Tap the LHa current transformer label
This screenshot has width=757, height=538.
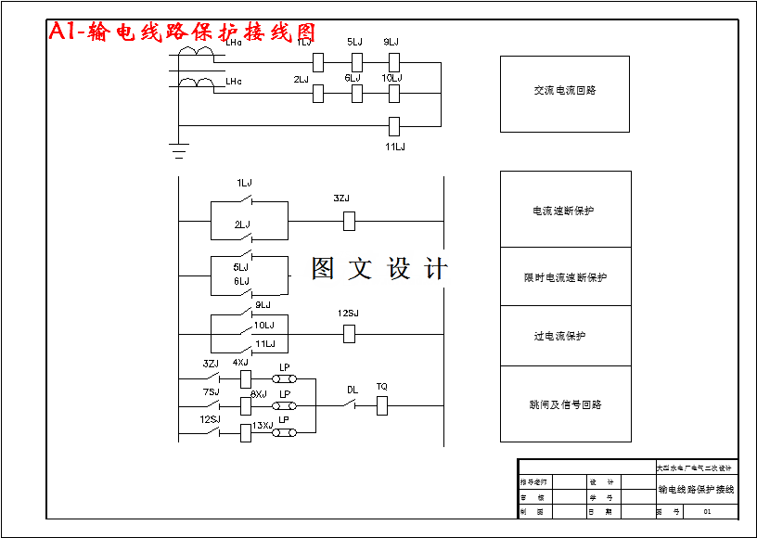click(x=234, y=42)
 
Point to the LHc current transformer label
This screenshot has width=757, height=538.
click(x=234, y=82)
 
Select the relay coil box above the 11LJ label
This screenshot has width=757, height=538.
click(x=393, y=125)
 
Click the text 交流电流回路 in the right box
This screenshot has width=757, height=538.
click(x=565, y=91)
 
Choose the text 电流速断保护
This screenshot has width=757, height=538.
click(x=563, y=211)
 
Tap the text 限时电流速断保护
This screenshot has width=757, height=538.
click(x=565, y=277)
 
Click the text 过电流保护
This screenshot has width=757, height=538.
click(x=559, y=336)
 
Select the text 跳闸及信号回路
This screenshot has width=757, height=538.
click(x=565, y=404)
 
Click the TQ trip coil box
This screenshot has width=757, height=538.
click(x=382, y=404)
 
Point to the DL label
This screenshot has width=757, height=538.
click(x=353, y=390)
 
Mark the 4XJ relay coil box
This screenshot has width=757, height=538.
click(x=246, y=378)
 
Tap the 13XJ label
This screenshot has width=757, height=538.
click(x=263, y=425)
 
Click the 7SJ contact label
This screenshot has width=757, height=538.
click(x=212, y=392)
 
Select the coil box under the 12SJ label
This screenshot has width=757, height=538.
click(x=350, y=334)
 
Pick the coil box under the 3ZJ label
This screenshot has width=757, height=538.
click(x=350, y=221)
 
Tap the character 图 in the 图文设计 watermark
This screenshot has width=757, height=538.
click(x=323, y=269)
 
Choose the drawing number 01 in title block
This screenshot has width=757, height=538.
click(x=708, y=511)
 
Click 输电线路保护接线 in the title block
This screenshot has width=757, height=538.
click(x=696, y=489)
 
